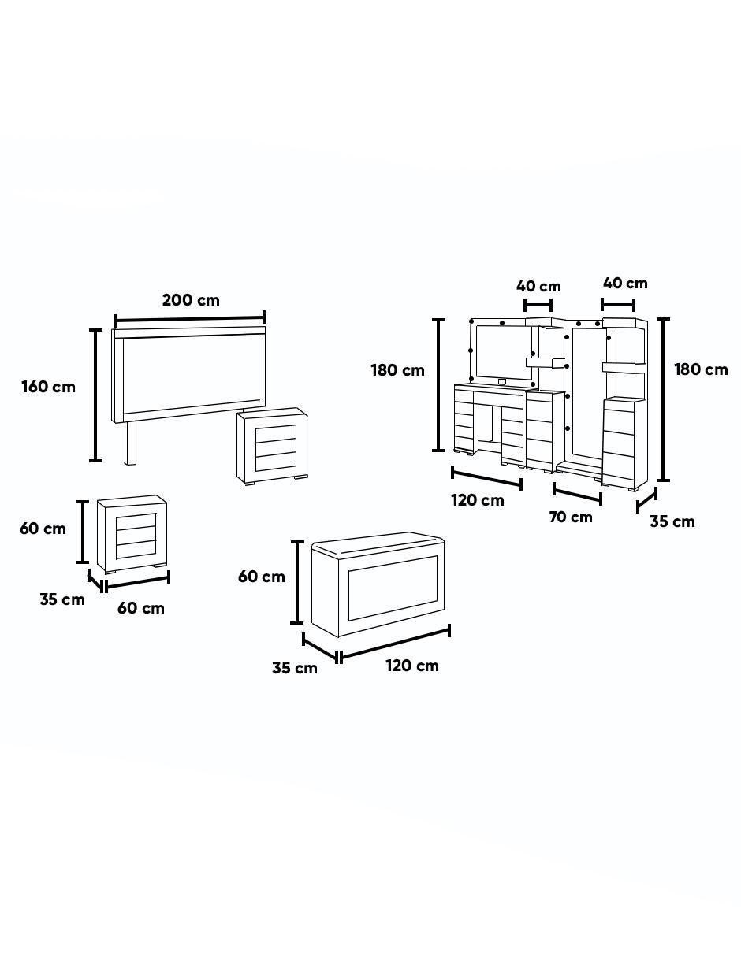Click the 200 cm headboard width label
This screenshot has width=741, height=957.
click(191, 300)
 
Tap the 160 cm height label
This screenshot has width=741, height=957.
click(48, 387)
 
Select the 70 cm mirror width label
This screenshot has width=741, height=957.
click(571, 517)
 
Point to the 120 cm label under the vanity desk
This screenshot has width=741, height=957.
click(478, 500)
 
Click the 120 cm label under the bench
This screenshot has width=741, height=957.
click(412, 666)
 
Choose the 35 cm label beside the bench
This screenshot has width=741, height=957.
click(295, 668)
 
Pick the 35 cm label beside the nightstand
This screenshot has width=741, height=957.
click(62, 599)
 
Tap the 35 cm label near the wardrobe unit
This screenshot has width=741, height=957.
click(672, 521)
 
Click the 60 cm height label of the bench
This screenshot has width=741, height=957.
click(262, 577)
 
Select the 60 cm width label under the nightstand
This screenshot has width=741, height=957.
click(141, 608)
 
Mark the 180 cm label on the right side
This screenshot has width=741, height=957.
click(701, 369)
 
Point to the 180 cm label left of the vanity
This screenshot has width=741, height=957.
click(398, 370)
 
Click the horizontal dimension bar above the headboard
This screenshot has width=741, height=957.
click(189, 318)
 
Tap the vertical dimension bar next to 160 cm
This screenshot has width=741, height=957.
click(95, 395)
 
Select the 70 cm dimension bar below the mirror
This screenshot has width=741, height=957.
click(577, 493)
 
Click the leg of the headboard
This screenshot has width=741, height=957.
click(132, 442)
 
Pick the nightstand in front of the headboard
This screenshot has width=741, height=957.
click(272, 446)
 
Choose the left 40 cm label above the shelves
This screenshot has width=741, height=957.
click(538, 286)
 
